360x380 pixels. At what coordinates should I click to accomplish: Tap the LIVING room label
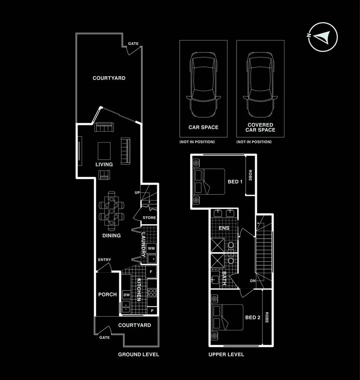[104, 164]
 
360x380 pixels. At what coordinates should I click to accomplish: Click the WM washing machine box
[151, 248]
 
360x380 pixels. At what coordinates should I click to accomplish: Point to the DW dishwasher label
[126, 295]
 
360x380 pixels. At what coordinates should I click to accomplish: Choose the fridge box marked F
[151, 272]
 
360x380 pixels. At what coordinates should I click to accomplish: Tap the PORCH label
[107, 294]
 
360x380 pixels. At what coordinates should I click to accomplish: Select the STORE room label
[149, 217]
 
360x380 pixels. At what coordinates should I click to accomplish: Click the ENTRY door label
[104, 260]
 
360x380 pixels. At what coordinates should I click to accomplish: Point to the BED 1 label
[235, 181]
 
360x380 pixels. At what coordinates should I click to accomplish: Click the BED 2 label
[252, 317]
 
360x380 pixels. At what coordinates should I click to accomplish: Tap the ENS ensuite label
[224, 228]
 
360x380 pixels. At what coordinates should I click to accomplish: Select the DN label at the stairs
[252, 281]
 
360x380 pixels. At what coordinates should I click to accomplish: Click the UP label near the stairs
[137, 193]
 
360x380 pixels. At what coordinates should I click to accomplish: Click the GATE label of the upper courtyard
[133, 44]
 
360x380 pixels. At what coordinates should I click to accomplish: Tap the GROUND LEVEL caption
[138, 354]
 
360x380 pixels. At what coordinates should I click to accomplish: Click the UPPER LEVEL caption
[226, 354]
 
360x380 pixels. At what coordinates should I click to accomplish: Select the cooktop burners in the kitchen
[152, 292]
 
